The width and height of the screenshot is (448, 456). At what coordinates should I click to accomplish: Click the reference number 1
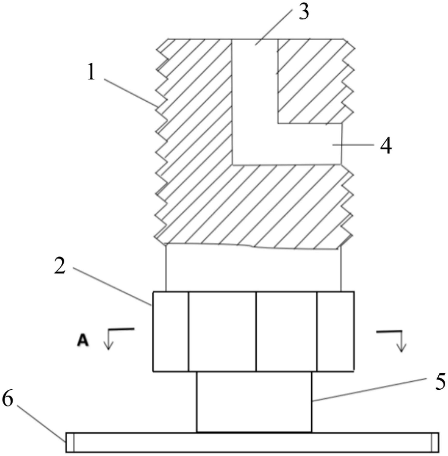tap(91, 72)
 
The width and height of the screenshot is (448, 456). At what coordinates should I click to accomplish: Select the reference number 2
tap(60, 267)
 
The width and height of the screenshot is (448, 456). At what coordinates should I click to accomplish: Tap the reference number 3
tap(304, 12)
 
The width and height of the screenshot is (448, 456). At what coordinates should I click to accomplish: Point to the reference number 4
tap(386, 146)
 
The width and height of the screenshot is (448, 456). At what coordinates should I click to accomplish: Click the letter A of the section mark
tap(83, 340)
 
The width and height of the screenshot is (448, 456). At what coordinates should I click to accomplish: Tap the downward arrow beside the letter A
tap(108, 342)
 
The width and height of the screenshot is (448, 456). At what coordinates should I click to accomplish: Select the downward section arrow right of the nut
tap(401, 342)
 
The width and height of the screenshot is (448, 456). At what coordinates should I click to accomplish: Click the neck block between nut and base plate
tap(254, 402)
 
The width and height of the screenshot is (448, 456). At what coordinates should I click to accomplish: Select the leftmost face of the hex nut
tap(170, 331)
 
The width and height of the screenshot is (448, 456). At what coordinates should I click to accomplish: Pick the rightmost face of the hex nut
tap(335, 331)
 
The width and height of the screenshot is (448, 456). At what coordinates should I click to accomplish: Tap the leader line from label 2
tap(111, 285)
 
